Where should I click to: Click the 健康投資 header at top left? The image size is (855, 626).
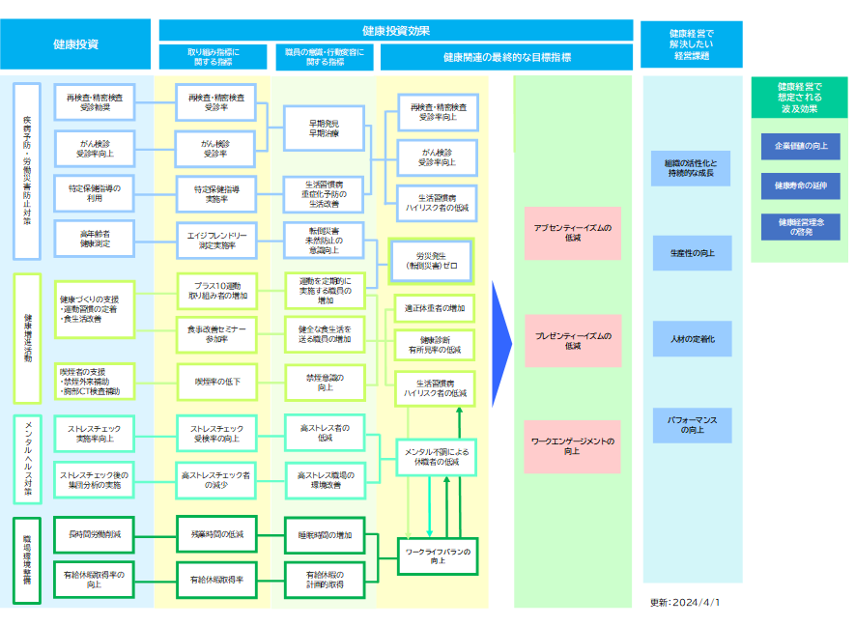coord(76,43)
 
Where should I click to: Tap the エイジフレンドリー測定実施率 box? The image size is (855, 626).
coord(217,241)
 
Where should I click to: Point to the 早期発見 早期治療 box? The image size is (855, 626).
coord(324,128)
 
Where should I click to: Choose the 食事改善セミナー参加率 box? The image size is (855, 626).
coord(217,334)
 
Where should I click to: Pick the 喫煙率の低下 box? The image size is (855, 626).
coord(217,382)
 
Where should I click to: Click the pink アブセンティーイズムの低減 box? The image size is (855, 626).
coord(573,233)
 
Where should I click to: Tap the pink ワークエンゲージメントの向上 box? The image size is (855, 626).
coord(573,446)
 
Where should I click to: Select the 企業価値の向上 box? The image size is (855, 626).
coord(800,147)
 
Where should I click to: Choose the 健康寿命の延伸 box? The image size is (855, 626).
coord(800,185)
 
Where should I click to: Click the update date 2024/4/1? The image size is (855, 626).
coord(685,602)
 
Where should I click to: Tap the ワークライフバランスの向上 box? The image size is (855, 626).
coord(438,555)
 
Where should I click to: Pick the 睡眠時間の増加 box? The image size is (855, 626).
coord(324,534)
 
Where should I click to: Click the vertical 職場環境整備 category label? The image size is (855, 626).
coord(27,554)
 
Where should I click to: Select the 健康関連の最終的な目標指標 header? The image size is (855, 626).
coord(506,57)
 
